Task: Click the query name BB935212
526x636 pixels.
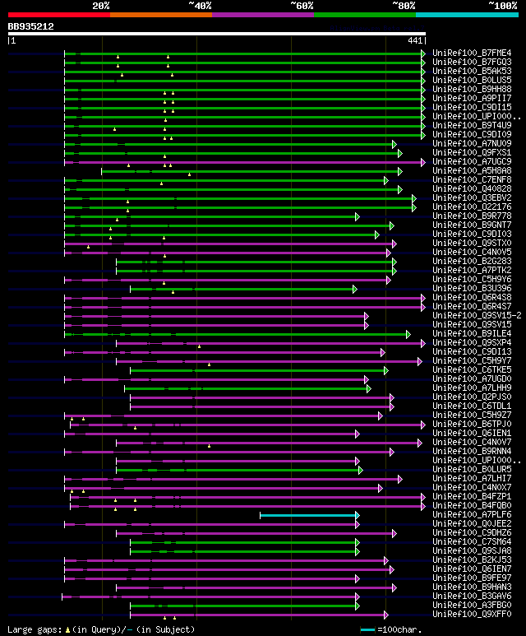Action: [31, 26]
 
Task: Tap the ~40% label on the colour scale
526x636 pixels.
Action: [200, 5]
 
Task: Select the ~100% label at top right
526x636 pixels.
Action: [502, 5]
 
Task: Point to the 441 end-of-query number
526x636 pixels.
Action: [414, 40]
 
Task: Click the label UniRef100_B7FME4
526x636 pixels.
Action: [471, 53]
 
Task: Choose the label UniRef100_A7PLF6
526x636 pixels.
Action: [471, 514]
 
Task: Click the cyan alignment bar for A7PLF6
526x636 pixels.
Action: [308, 515]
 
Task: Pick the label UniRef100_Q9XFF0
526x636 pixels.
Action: [471, 614]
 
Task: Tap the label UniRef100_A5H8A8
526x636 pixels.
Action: [471, 170]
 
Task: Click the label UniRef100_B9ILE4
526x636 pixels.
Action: [471, 333]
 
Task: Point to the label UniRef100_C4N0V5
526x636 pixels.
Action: [471, 252]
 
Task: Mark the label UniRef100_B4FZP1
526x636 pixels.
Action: [471, 496]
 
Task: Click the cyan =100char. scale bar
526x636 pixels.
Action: [367, 629]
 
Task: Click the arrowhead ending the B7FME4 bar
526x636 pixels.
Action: [423, 53]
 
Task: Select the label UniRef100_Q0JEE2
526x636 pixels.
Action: [471, 523]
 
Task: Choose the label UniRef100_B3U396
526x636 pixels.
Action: [471, 288]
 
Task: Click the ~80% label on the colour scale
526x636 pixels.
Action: [403, 5]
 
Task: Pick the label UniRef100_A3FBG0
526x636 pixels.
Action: [471, 605]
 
